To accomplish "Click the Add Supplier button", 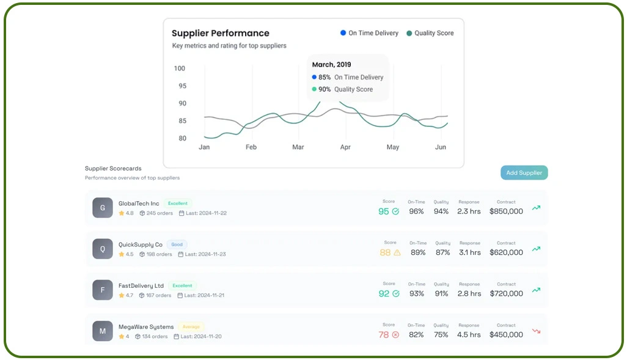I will coord(524,173).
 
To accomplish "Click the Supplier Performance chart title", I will coord(220,34).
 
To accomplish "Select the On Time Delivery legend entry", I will coord(369,33).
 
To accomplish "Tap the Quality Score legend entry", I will coord(430,33).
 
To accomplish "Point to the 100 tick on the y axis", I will coord(180,68).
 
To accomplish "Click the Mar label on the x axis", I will coord(298,147).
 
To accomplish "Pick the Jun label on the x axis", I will coord(440,147).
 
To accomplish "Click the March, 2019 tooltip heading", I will coord(331,64).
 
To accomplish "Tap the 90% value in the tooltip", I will coord(324,89).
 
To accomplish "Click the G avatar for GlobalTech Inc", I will coord(103,208).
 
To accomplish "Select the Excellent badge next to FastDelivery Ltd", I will coord(182,285).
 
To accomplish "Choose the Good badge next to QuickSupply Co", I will coord(177,244).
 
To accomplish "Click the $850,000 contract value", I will coord(506,211).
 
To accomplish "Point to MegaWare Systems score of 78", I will coord(384,335).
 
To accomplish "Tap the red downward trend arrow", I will coord(536,331).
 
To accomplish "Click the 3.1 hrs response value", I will coord(469,252).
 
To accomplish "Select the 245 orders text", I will coord(159,213).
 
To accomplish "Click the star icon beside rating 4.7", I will coord(122,295).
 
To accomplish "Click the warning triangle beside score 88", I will coord(397,252).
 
